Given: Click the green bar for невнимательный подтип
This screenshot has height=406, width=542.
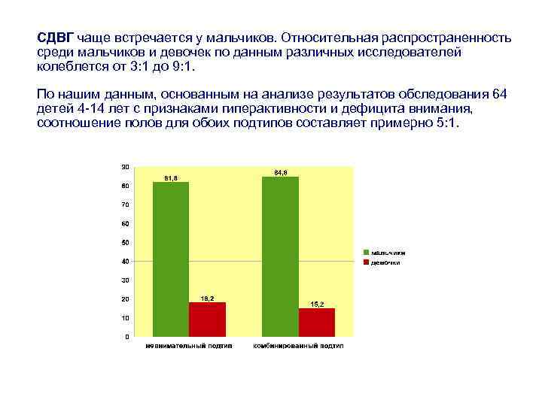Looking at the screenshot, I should pyautogui.click(x=171, y=259).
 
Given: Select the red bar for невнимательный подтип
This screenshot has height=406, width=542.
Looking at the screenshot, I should pyautogui.click(x=207, y=319).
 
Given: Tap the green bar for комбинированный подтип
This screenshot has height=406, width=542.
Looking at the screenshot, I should pyautogui.click(x=280, y=256).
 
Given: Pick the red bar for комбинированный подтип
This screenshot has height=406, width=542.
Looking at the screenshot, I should pyautogui.click(x=316, y=322).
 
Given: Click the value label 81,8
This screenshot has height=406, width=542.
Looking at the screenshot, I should pyautogui.click(x=171, y=177).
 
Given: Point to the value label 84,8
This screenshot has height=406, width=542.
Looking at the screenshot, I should pyautogui.click(x=280, y=172).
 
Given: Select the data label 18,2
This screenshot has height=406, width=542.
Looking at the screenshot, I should pyautogui.click(x=207, y=298).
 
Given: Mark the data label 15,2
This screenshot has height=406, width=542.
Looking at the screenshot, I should pyautogui.click(x=317, y=304).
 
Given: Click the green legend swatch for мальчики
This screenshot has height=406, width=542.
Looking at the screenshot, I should pyautogui.click(x=366, y=252).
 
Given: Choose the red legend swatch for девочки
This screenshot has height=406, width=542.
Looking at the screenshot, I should pyautogui.click(x=366, y=262).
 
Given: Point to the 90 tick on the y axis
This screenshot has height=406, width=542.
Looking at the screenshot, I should pyautogui.click(x=125, y=166).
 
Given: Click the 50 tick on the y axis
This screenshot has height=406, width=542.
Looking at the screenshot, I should pyautogui.click(x=125, y=242).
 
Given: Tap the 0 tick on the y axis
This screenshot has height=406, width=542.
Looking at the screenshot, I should pyautogui.click(x=126, y=337).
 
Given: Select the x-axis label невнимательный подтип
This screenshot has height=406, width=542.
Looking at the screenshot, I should pyautogui.click(x=189, y=347).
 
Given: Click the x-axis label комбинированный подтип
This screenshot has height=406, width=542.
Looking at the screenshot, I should pyautogui.click(x=298, y=347).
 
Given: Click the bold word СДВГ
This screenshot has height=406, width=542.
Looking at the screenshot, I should pyautogui.click(x=55, y=37).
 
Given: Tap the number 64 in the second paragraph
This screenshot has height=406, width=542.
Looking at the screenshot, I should pyautogui.click(x=498, y=93).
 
